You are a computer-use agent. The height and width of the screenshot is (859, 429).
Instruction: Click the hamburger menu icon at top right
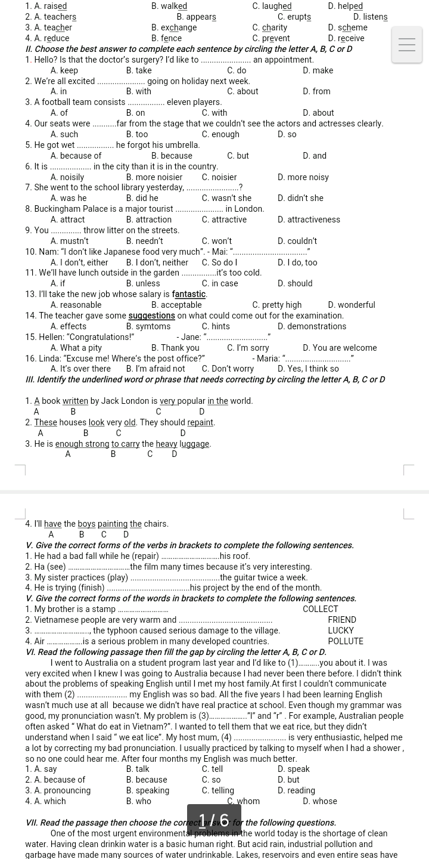click(407, 45)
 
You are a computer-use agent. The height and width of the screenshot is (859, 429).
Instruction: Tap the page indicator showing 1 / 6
click(214, 820)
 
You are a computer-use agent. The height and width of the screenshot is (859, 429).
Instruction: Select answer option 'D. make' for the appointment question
click(318, 70)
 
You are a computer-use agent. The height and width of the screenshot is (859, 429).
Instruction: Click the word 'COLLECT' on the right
click(320, 609)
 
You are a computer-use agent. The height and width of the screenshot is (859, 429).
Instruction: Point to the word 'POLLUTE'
click(346, 641)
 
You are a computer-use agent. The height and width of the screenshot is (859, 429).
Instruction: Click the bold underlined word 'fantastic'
click(189, 294)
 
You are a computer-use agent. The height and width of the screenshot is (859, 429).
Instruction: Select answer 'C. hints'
click(216, 326)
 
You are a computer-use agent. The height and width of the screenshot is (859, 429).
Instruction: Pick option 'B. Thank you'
click(175, 348)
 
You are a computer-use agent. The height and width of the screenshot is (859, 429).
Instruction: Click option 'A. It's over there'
click(80, 369)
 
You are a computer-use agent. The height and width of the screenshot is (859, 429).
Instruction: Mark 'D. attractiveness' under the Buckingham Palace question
click(309, 220)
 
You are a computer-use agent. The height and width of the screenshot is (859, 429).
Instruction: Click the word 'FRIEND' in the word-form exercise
click(342, 620)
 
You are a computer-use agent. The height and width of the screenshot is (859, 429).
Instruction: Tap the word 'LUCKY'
click(341, 631)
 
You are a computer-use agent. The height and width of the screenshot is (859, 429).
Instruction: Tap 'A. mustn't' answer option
click(69, 241)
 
